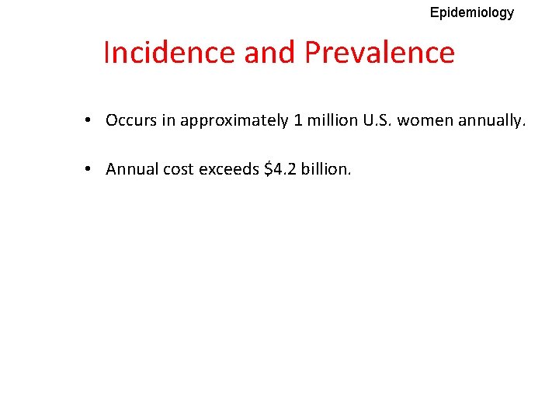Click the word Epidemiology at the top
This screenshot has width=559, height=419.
(x=471, y=12)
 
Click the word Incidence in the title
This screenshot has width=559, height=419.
(x=168, y=53)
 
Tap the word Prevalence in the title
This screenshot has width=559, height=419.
(x=380, y=53)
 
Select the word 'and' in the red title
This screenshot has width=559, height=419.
(x=269, y=53)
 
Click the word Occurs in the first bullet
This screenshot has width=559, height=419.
(x=130, y=120)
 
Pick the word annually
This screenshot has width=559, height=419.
(x=492, y=121)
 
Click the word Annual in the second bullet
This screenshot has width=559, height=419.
(x=132, y=169)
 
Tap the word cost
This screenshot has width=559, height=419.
(x=179, y=169)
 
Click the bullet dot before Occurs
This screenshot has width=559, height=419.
(x=91, y=120)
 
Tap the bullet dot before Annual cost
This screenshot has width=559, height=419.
(x=91, y=169)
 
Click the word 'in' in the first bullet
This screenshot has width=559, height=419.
(x=167, y=120)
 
